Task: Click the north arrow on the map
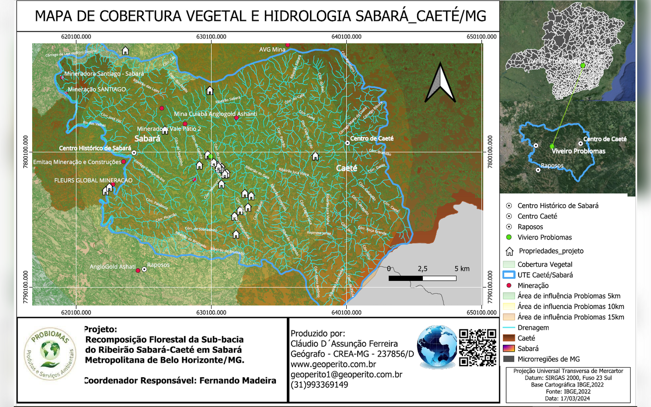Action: point(440,83)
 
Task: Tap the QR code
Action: point(478,347)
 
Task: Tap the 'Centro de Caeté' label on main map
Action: point(371,138)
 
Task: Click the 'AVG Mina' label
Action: point(272,50)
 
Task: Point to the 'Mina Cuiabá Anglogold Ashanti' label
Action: point(215,114)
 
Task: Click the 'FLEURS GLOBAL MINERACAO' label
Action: point(93,180)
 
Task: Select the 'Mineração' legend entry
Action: point(533,286)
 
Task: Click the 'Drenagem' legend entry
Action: point(533,328)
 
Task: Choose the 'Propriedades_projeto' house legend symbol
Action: point(509,251)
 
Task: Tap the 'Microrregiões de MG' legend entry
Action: point(548,359)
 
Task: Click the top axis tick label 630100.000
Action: point(211,37)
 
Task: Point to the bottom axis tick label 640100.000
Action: point(346,313)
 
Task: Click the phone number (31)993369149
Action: point(319,385)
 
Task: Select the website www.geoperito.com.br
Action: point(333,364)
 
